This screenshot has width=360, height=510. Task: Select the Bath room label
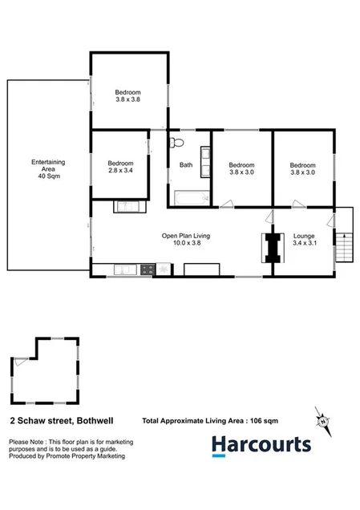pyautogui.click(x=186, y=165)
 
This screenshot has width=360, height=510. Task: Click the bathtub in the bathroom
pyautogui.click(x=191, y=197)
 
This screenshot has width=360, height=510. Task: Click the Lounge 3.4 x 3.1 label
pyautogui.click(x=304, y=240)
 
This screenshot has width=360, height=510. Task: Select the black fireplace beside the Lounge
pyautogui.click(x=273, y=247)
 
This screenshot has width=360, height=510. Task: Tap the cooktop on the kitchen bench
pyautogui.click(x=147, y=270)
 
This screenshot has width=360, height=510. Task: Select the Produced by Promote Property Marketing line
pyautogui.click(x=66, y=456)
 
